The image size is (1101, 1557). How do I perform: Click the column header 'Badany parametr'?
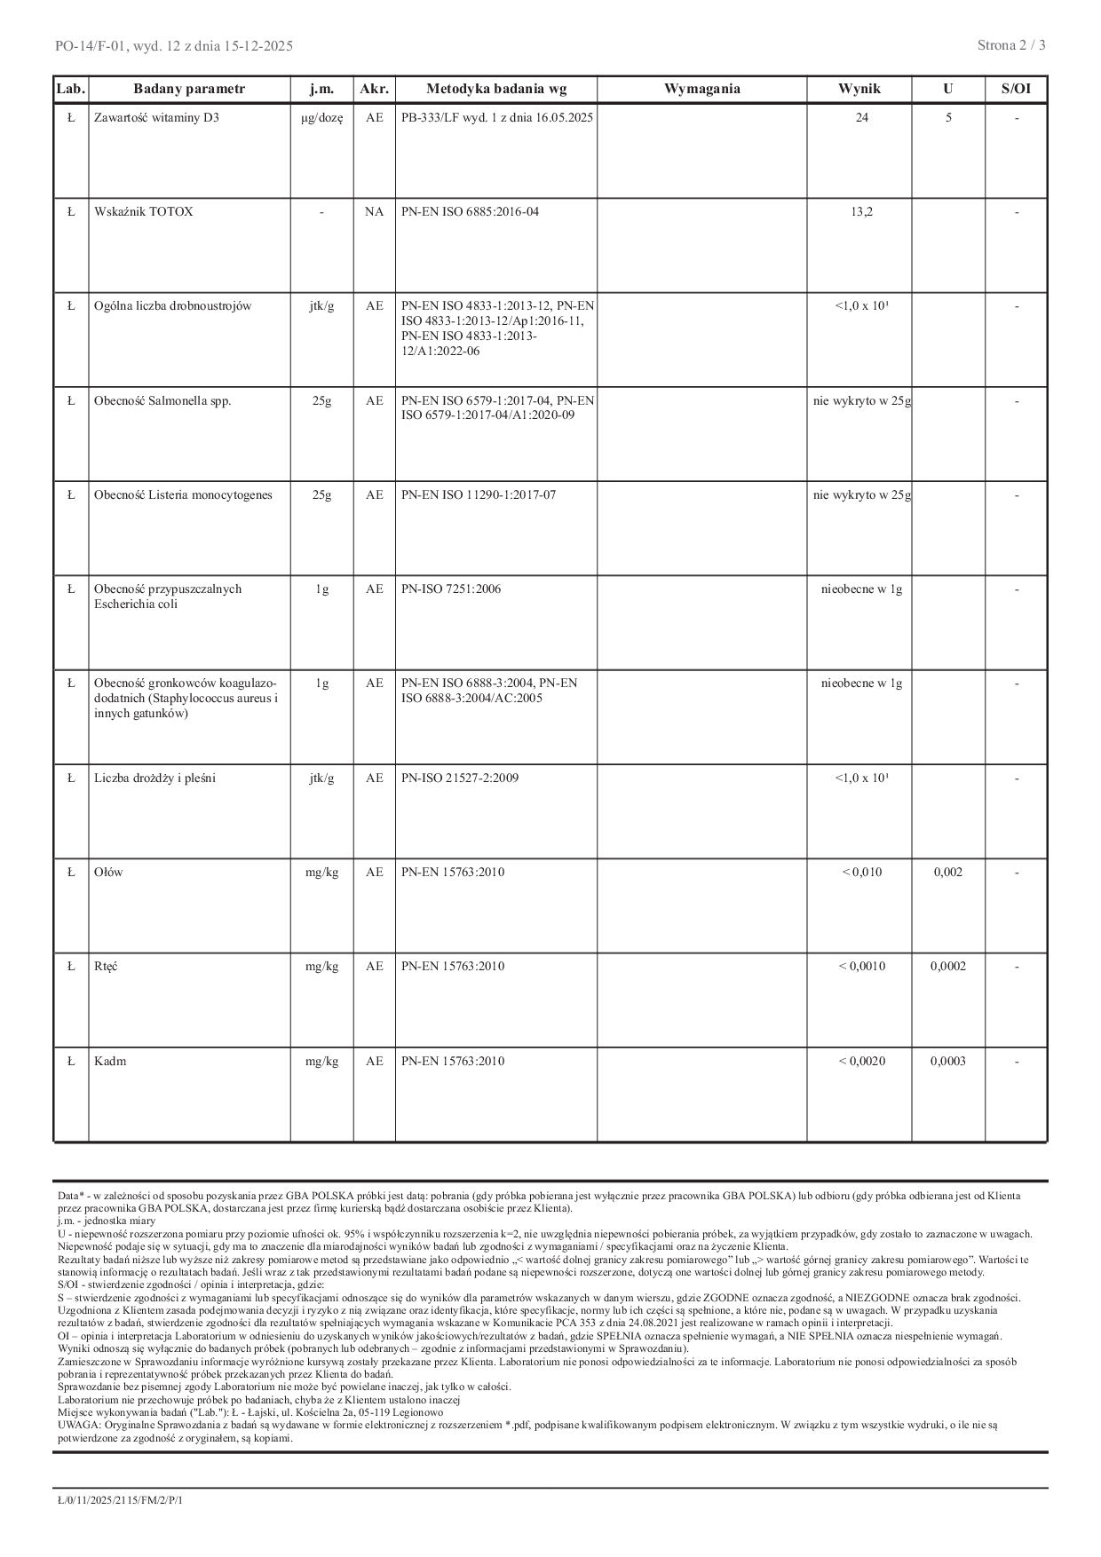pyautogui.click(x=189, y=89)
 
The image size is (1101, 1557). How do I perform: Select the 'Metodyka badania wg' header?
pyautogui.click(x=496, y=89)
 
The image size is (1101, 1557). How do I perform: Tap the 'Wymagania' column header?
pyautogui.click(x=701, y=89)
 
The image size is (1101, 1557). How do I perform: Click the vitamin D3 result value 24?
pyautogui.click(x=861, y=117)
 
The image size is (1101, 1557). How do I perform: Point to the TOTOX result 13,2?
pyautogui.click(x=861, y=212)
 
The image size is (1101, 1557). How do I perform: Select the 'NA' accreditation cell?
pyautogui.click(x=374, y=212)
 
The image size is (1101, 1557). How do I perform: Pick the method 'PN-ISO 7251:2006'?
pyautogui.click(x=451, y=589)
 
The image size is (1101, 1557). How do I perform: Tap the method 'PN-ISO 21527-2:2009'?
pyautogui.click(x=460, y=778)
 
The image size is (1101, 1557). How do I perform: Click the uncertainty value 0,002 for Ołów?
pyautogui.click(x=948, y=873)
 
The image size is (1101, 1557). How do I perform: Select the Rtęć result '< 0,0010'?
pyautogui.click(x=861, y=967)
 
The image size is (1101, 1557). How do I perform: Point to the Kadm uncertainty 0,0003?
pyautogui.click(x=948, y=1062)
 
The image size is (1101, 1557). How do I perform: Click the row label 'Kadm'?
pyautogui.click(x=110, y=1062)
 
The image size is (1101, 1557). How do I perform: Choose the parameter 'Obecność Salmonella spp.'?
pyautogui.click(x=162, y=401)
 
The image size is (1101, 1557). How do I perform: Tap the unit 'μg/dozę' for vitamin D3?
pyautogui.click(x=321, y=117)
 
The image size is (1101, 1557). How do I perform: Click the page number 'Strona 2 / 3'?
pyautogui.click(x=1011, y=45)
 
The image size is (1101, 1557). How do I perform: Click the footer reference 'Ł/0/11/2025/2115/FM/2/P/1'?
pyautogui.click(x=120, y=1499)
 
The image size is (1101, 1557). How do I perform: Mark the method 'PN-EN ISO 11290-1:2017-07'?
pyautogui.click(x=479, y=495)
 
